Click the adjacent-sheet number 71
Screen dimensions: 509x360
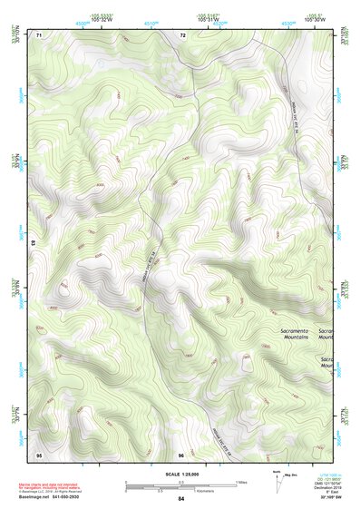pos(39,35)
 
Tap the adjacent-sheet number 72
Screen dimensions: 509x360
pos(182,35)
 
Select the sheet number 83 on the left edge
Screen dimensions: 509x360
pos(34,244)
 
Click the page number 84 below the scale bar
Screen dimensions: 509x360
pos(181,499)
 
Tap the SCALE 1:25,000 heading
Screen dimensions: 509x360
pos(181,475)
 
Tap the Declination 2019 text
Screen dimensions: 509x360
pos(325,487)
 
